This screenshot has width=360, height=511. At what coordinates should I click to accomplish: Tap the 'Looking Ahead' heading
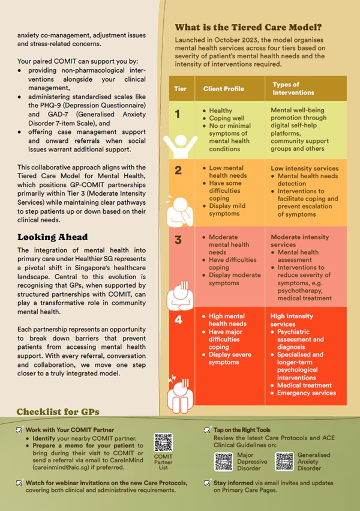[52, 237]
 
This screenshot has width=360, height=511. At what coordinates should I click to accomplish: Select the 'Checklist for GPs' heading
[58, 412]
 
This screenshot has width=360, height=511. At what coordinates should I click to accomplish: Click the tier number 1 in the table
[178, 113]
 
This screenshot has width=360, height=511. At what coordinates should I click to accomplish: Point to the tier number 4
[178, 319]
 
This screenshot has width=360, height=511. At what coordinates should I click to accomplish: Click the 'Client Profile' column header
[223, 89]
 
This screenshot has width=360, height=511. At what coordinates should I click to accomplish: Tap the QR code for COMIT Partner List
[163, 443]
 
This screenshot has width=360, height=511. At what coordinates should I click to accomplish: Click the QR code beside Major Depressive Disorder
[223, 461]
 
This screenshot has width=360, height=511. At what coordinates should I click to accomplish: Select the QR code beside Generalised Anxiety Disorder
[284, 461]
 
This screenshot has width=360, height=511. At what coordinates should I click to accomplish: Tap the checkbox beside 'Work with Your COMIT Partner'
[20, 430]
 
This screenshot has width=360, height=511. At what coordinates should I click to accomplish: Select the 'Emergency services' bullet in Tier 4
[307, 393]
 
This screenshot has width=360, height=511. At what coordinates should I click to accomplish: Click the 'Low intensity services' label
[304, 168]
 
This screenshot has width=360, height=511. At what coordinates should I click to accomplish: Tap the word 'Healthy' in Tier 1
[221, 110]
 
